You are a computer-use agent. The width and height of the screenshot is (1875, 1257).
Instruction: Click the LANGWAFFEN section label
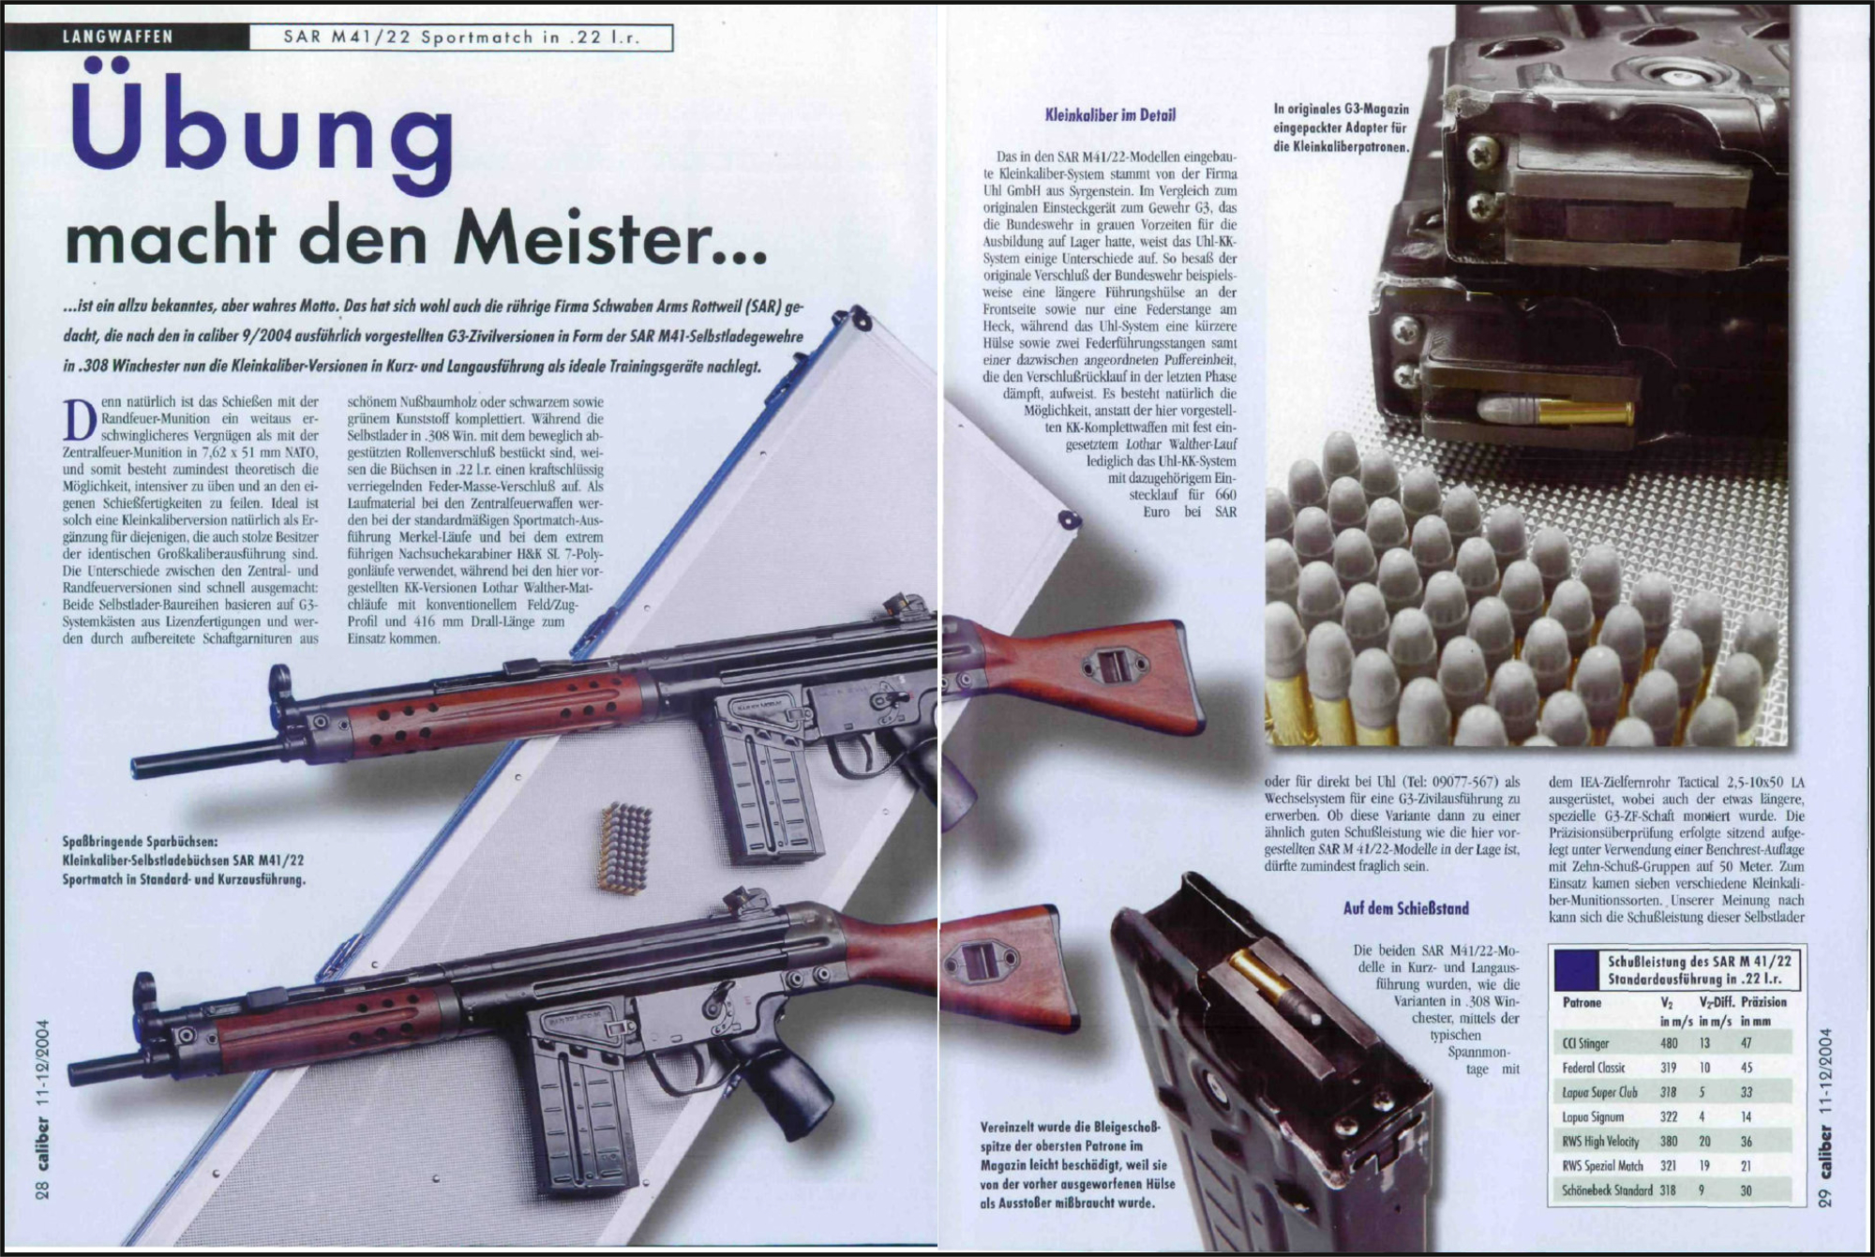[x=117, y=37]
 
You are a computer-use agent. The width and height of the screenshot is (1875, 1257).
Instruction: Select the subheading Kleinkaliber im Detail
[x=1110, y=115]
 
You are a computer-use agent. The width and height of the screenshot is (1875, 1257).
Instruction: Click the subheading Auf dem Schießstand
[x=1406, y=908]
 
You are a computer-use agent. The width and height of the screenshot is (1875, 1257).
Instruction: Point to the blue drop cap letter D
[x=79, y=419]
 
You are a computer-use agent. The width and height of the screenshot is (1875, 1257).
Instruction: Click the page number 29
[x=1824, y=1222]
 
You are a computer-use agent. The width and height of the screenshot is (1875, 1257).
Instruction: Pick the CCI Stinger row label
[x=1586, y=1043]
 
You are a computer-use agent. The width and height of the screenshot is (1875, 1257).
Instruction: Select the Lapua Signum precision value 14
[x=1746, y=1116]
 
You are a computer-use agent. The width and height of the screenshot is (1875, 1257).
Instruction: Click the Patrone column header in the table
[x=1582, y=1002]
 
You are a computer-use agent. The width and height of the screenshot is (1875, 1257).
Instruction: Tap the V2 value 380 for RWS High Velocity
[x=1669, y=1142]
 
